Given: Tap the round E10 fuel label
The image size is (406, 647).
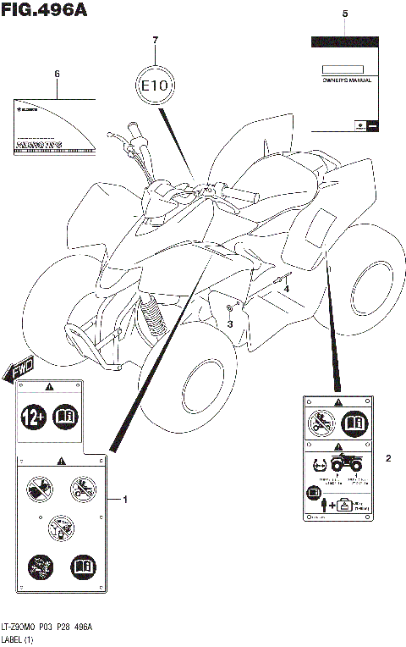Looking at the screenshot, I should tap(154, 85).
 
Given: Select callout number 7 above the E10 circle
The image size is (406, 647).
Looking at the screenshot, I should tap(154, 41).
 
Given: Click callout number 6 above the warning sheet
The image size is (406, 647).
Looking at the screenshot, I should tap(57, 74).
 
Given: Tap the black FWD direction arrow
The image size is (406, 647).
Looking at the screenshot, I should tap(19, 367).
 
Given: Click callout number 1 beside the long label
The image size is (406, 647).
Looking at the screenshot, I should tap(125, 500).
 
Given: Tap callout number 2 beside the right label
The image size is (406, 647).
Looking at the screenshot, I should tap(388, 459).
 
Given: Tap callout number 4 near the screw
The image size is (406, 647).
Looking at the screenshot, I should tap(286, 290).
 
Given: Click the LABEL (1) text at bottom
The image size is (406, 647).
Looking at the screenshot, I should tap(19, 639).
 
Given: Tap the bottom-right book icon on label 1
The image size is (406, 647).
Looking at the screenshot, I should tap(81, 564).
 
